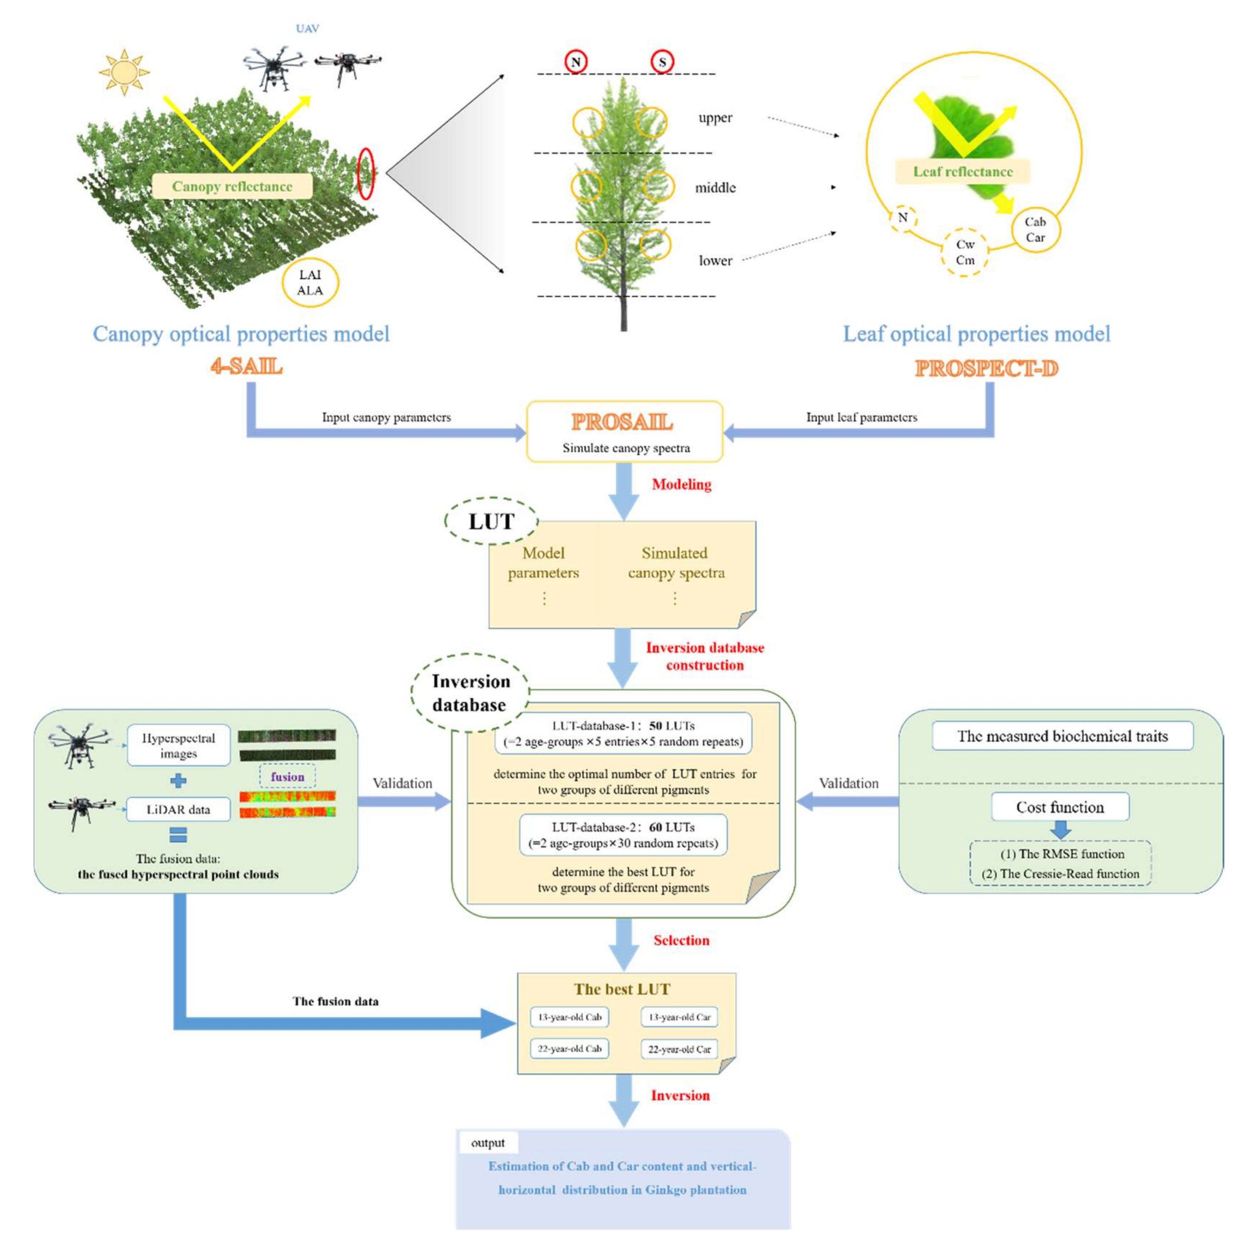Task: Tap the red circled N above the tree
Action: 575,62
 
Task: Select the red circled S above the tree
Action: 662,62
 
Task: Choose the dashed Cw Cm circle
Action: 964,252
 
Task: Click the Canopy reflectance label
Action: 232,187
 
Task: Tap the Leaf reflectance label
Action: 962,172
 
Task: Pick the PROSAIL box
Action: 624,431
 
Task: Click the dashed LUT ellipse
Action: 491,521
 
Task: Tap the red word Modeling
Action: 681,484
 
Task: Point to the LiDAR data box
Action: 178,810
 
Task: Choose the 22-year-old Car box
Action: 679,1049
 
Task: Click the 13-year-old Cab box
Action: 570,1017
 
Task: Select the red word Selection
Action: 681,940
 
